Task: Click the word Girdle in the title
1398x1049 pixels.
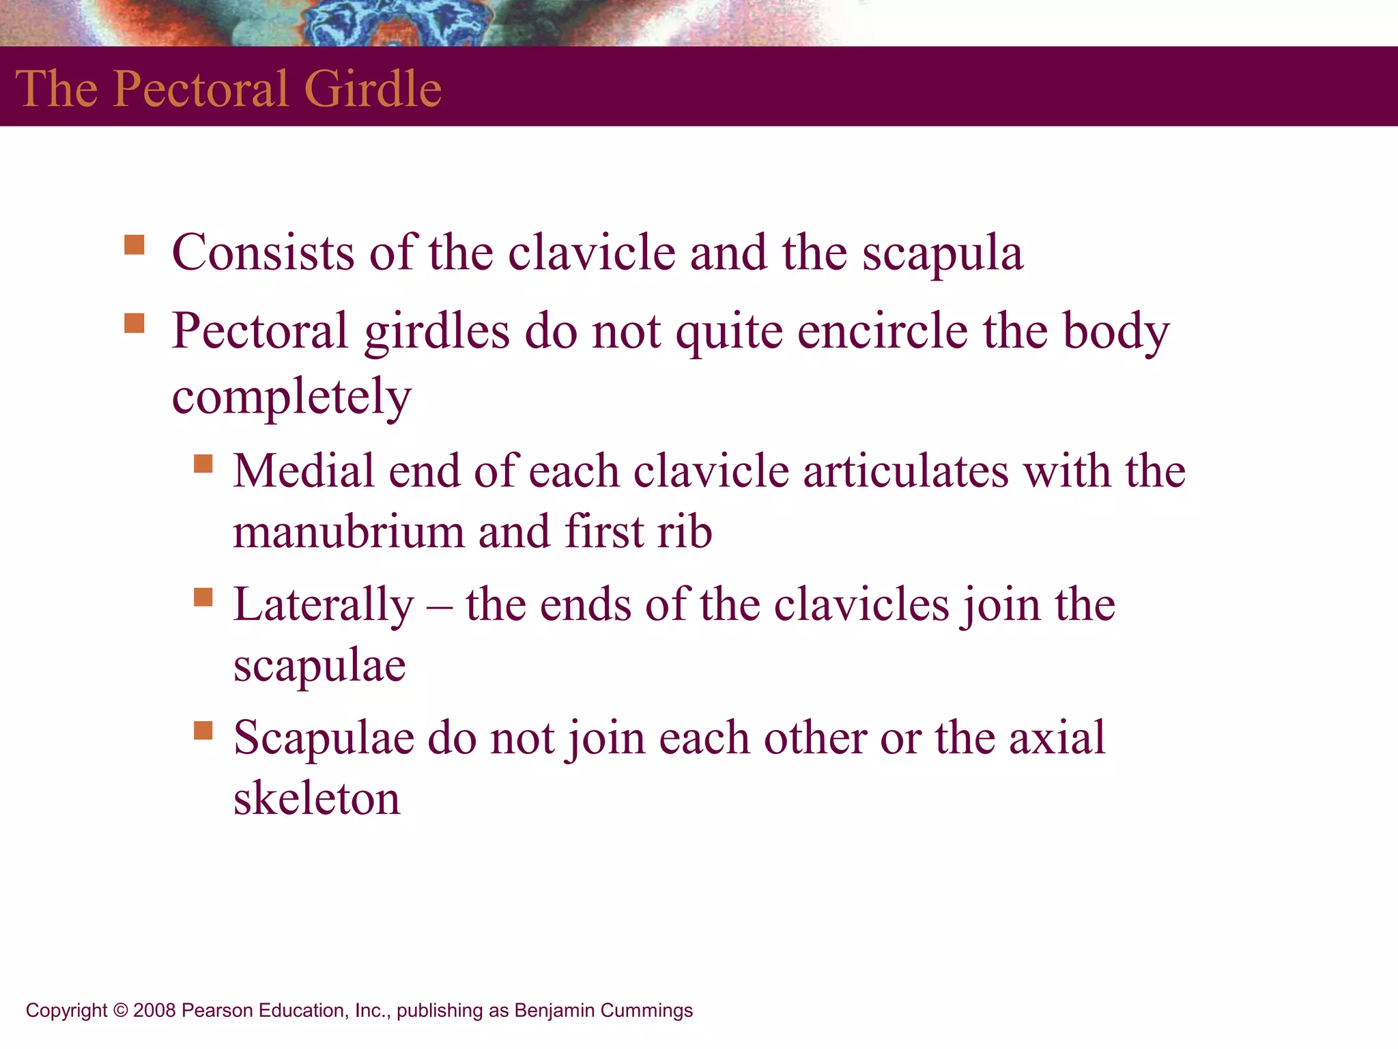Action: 373,89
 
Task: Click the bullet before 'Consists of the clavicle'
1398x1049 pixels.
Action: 134,244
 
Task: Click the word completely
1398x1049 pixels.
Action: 291,397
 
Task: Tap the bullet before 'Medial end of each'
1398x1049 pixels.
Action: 203,464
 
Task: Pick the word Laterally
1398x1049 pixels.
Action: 324,606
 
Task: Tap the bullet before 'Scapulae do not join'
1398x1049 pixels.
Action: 203,731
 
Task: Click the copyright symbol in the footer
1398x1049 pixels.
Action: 120,1011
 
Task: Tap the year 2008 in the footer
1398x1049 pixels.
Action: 154,1011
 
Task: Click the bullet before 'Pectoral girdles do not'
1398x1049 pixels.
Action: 134,323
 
